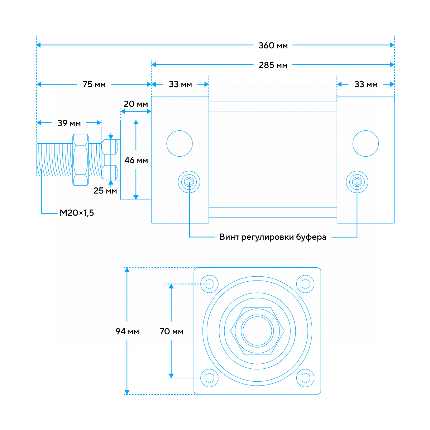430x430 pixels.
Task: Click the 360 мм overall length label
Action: coord(273,46)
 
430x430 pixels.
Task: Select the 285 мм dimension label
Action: coord(273,65)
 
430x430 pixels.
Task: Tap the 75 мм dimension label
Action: coord(94,85)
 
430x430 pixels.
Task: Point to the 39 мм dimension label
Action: coord(69,123)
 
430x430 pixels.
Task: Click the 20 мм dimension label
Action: coord(136,104)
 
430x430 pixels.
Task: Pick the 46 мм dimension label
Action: coord(136,160)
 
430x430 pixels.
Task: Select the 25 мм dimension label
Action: coord(105,191)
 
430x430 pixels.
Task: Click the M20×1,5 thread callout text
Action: coord(77,213)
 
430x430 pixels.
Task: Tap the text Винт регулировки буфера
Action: coord(273,237)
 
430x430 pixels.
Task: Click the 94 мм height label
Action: coord(127,331)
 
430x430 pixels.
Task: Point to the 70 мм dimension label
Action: coord(171,331)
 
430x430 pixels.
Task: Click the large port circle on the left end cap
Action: coord(180,143)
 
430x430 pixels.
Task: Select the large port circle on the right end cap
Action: coord(365,143)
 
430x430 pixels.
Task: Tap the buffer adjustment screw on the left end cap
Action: coord(189,182)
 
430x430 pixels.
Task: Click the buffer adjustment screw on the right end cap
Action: coord(357,182)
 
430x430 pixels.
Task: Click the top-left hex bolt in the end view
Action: coord(210,284)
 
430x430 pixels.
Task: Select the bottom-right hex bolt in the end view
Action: coord(305,378)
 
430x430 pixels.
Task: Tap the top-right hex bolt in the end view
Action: coord(305,284)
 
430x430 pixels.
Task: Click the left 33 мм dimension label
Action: coord(180,85)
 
